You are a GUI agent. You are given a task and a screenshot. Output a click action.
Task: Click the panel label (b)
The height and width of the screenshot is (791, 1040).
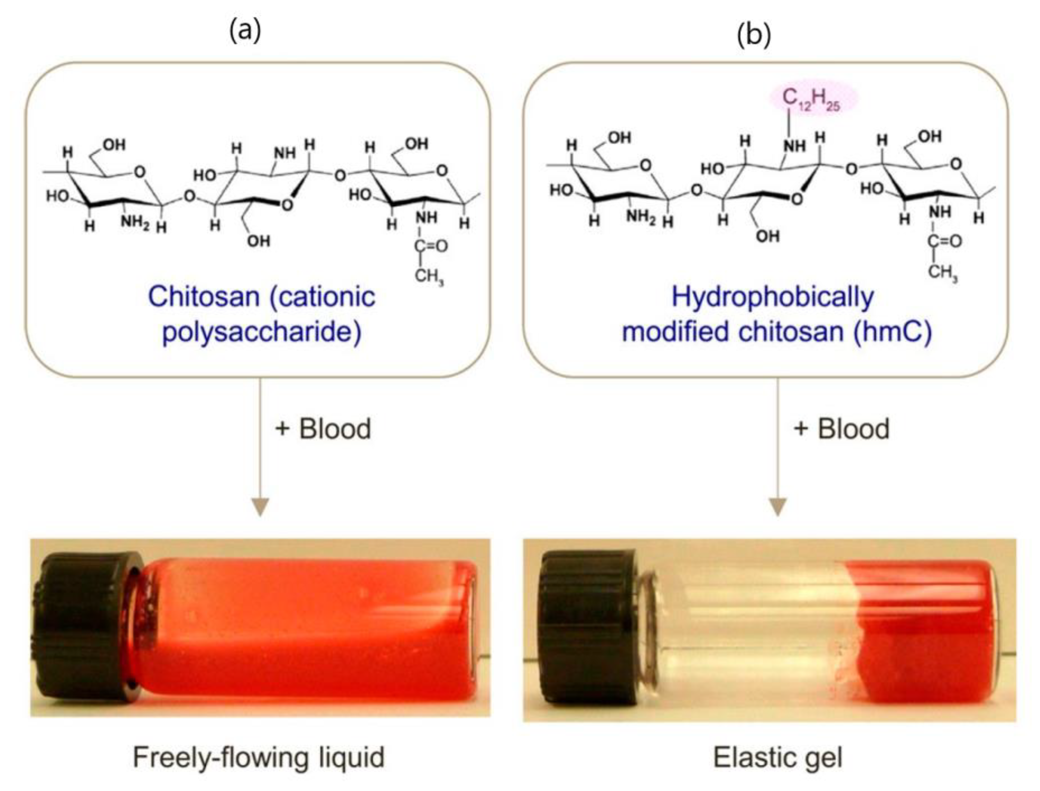point(754,34)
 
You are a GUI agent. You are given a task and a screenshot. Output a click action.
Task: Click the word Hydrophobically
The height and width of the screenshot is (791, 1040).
point(772,297)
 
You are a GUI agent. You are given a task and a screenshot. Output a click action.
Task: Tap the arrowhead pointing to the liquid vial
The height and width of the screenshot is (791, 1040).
point(260,507)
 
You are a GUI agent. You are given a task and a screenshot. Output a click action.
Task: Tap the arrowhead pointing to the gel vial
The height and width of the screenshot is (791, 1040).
point(778,507)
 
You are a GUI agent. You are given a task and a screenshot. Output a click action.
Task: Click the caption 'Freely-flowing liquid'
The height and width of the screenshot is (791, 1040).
point(259,757)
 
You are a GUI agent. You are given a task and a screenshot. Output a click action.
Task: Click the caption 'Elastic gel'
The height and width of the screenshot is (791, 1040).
point(778,757)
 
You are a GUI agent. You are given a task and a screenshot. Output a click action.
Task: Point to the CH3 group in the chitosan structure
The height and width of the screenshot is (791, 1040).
point(429,275)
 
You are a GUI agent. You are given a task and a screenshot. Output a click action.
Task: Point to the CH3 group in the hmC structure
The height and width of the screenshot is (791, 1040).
point(943,272)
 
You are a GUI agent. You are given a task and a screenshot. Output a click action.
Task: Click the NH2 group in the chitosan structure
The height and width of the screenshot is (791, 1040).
point(135,221)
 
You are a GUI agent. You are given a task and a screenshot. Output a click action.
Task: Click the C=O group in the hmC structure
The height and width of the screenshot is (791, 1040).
point(944,241)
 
